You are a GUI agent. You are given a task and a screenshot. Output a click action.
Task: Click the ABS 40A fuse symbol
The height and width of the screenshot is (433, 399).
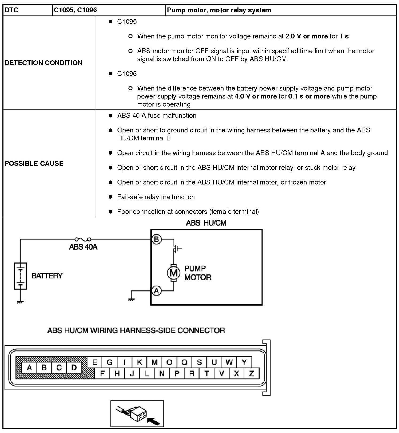(83, 239)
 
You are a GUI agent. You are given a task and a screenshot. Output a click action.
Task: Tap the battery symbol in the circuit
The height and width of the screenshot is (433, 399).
(20, 276)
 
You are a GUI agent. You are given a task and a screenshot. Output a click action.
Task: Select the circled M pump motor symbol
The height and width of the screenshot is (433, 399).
(174, 273)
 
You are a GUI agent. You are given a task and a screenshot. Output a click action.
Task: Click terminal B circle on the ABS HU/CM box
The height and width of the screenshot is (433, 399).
(157, 239)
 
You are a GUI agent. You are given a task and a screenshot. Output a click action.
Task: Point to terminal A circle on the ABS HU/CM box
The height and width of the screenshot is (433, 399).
(157, 290)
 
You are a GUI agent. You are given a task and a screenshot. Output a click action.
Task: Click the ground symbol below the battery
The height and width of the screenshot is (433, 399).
(20, 302)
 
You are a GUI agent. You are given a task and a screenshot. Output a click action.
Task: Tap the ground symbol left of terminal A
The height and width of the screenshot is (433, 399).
(131, 299)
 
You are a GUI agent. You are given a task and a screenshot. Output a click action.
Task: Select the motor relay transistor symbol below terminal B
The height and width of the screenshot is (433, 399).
(176, 249)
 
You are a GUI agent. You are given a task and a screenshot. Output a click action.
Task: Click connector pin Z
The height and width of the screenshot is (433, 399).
(251, 373)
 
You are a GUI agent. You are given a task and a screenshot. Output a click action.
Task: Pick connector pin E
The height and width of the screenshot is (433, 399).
(95, 362)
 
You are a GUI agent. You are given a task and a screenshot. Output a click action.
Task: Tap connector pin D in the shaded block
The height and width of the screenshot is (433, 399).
(74, 368)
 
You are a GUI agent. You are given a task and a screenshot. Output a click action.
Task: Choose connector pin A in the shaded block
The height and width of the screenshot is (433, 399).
(29, 368)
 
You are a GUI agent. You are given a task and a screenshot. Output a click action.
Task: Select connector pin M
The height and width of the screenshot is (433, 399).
(154, 362)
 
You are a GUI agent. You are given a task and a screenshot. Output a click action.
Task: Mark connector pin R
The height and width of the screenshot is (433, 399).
(191, 373)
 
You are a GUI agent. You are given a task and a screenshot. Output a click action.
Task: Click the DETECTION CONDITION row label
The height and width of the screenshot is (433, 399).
(44, 63)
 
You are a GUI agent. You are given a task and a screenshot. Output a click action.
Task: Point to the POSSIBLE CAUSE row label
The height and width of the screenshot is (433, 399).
(34, 163)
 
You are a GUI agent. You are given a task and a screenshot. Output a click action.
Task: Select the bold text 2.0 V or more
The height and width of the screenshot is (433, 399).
(306, 36)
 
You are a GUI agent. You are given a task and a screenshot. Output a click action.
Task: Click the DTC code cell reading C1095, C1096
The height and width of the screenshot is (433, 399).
(75, 10)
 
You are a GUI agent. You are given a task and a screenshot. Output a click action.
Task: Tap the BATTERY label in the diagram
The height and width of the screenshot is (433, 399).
(47, 275)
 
